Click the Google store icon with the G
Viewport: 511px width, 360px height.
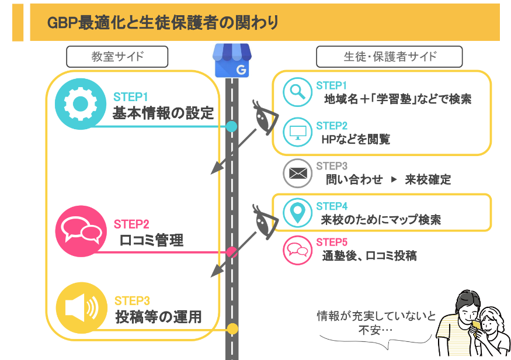point(232,60)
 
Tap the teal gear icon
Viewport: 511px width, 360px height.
point(81,104)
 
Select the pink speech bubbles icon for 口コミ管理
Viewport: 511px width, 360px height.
point(81,231)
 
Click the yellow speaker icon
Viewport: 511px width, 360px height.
point(82,308)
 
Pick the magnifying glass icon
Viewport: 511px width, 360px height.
point(297,92)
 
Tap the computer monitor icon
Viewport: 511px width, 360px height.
point(297,132)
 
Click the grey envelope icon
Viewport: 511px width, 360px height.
point(297,173)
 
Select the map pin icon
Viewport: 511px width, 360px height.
point(297,213)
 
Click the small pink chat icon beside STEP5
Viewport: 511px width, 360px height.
point(297,250)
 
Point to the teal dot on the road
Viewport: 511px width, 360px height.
point(231,126)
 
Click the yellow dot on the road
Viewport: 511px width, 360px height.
point(232,329)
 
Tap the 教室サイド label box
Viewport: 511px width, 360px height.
point(117,57)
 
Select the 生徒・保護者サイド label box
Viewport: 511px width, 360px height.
point(390,57)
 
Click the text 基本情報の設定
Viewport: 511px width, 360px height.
point(164,113)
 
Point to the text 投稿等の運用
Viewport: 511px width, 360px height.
point(159,317)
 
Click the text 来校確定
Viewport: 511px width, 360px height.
point(428,179)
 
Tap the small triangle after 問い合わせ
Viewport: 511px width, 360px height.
point(394,179)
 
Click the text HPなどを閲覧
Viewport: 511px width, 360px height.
point(356,139)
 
